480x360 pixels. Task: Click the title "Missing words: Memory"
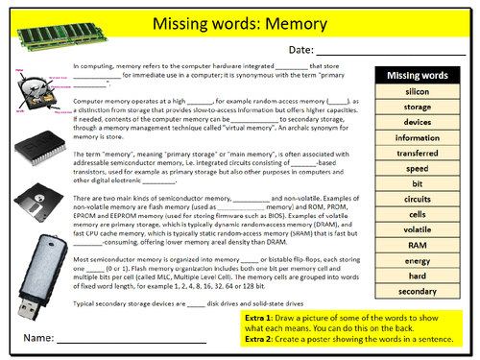tap(252, 23)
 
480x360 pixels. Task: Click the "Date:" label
tap(300, 50)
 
